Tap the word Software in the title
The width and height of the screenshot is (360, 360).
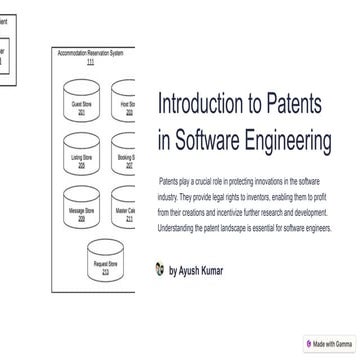coord(216,141)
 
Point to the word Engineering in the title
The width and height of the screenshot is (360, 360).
coord(296,141)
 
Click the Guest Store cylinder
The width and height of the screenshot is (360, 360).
coord(81,108)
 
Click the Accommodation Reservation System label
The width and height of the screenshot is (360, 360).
coord(91,53)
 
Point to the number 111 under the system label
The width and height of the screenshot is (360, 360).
coord(91,62)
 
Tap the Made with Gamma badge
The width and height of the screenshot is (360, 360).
coord(330,344)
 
